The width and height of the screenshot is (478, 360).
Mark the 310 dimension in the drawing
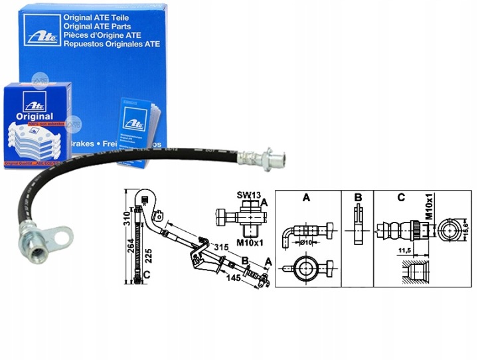(x=126, y=219)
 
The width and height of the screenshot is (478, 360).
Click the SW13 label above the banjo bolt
(x=246, y=195)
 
